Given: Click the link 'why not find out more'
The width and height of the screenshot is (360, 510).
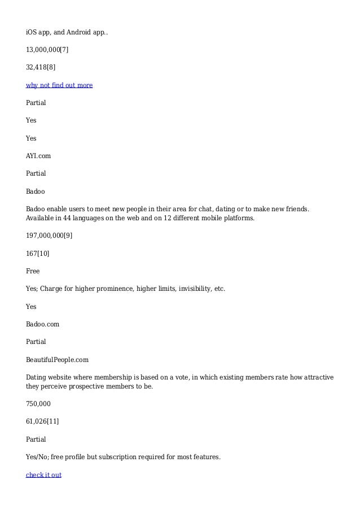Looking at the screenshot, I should (59, 85).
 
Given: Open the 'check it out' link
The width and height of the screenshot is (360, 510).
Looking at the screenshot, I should (43, 475).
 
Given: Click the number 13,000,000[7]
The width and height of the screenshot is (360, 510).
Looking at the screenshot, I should (47, 50).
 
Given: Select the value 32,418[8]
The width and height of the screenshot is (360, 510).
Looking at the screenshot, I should (41, 67).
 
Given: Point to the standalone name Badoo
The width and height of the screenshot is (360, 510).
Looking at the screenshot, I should (35, 191).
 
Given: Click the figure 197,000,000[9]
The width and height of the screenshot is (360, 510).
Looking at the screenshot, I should (49, 235).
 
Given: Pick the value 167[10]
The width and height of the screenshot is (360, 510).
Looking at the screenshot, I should (37, 253).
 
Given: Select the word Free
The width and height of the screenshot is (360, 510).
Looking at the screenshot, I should (33, 271).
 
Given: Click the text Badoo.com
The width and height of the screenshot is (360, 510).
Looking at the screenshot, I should (42, 324).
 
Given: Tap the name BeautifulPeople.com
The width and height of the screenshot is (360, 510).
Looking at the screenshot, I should (57, 359).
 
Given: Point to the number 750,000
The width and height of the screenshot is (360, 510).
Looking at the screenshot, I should (38, 404).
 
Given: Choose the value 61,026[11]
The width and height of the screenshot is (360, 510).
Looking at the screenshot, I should (42, 421).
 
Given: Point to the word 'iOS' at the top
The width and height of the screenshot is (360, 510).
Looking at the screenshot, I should (32, 32).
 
